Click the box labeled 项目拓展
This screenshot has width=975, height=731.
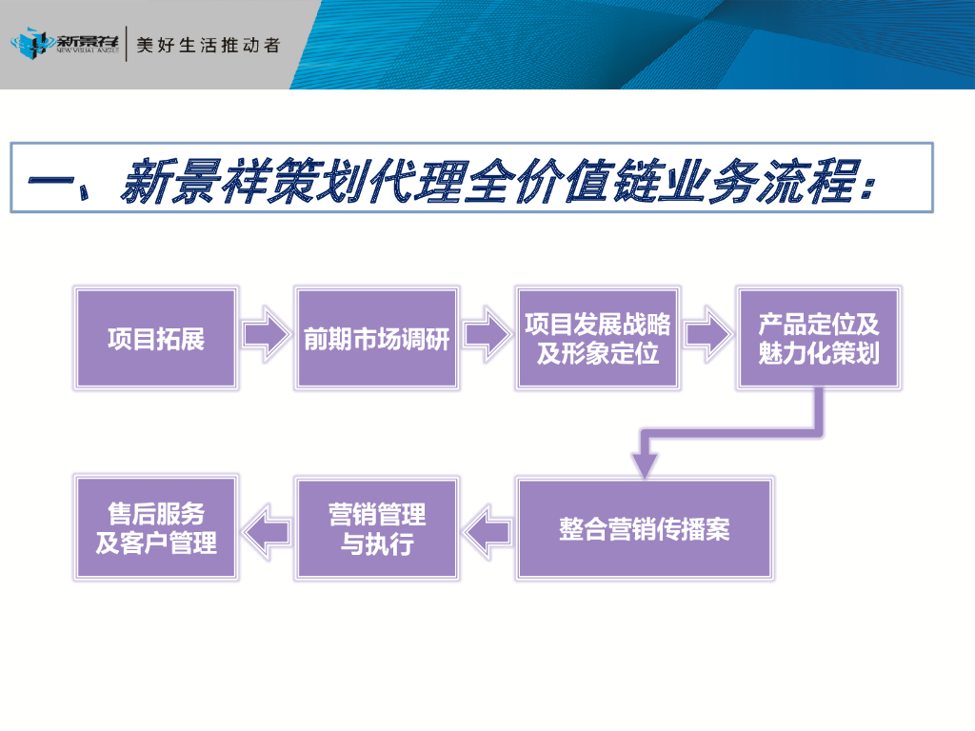click(x=155, y=338)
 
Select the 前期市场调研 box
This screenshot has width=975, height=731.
click(x=376, y=338)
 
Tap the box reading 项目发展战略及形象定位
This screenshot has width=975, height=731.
click(x=597, y=338)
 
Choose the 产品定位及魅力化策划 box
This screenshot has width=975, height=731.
click(x=818, y=338)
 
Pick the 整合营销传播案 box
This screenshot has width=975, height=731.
click(x=645, y=528)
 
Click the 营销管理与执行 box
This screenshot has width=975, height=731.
click(x=377, y=528)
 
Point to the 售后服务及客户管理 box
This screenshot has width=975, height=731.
click(x=155, y=528)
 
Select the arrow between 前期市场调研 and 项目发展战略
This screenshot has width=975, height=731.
click(x=486, y=333)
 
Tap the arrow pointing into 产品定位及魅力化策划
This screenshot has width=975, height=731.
click(x=708, y=333)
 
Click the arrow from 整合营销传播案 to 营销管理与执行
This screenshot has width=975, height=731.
click(x=488, y=529)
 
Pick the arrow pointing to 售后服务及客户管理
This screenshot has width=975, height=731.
click(x=267, y=529)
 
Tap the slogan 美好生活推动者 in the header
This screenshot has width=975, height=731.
click(x=209, y=45)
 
